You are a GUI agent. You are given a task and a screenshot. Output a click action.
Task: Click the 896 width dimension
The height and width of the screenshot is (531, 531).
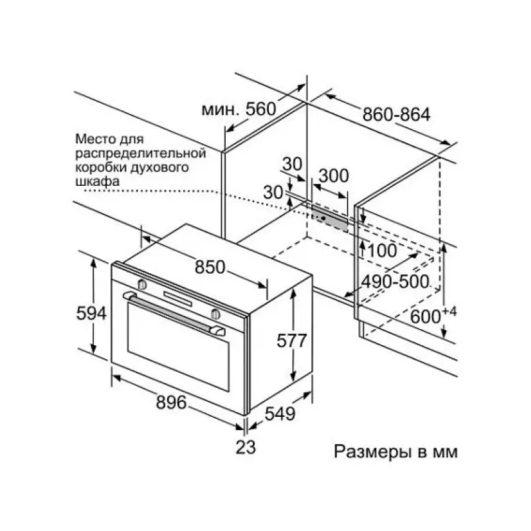pos(171,402)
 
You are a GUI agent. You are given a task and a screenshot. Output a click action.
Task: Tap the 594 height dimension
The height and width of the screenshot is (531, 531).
pos(92,313)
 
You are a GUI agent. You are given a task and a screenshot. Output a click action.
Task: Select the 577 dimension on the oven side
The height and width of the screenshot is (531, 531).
pos(291,341)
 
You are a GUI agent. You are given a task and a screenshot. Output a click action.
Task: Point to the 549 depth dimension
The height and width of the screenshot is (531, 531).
pos(280,413)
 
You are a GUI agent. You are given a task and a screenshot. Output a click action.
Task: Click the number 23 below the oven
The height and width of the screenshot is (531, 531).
pos(246,447)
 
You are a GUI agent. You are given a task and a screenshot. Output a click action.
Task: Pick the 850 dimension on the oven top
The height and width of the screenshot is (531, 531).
pos(210,267)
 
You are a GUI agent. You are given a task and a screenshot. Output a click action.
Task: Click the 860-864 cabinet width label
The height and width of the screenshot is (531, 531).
pos(396,114)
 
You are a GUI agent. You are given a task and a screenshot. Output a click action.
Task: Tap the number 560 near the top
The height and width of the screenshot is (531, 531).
pos(261,109)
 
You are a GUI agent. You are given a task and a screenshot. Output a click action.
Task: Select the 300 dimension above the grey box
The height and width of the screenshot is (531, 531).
pos(334,176)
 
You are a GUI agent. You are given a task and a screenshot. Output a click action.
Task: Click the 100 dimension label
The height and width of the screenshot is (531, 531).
pos(382,251)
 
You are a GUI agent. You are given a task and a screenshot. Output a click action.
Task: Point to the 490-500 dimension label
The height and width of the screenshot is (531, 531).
pos(394,281)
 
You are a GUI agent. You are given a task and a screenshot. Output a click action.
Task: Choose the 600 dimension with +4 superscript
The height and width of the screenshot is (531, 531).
pos(433,315)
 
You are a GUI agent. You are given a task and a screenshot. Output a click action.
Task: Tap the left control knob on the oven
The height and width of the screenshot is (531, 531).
pos(142,285)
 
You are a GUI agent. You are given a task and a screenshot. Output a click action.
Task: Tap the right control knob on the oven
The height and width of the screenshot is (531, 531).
pos(215,314)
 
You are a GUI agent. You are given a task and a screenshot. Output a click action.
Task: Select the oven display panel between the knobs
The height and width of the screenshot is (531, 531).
pos(178,298)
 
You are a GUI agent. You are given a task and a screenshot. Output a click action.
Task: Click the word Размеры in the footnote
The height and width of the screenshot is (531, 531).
pos(372,452)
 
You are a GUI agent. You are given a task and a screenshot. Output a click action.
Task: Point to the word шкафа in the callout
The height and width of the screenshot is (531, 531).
pos(97,181)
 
